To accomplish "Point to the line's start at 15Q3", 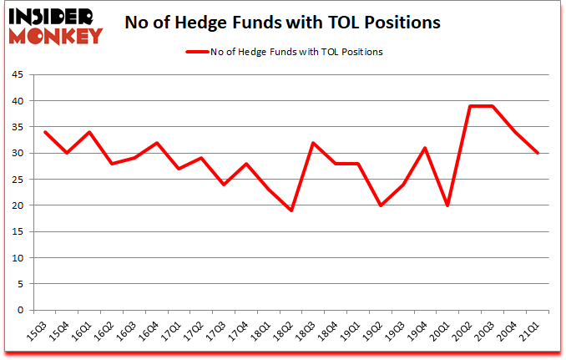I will [45, 132].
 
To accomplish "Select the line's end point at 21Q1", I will [537, 153].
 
